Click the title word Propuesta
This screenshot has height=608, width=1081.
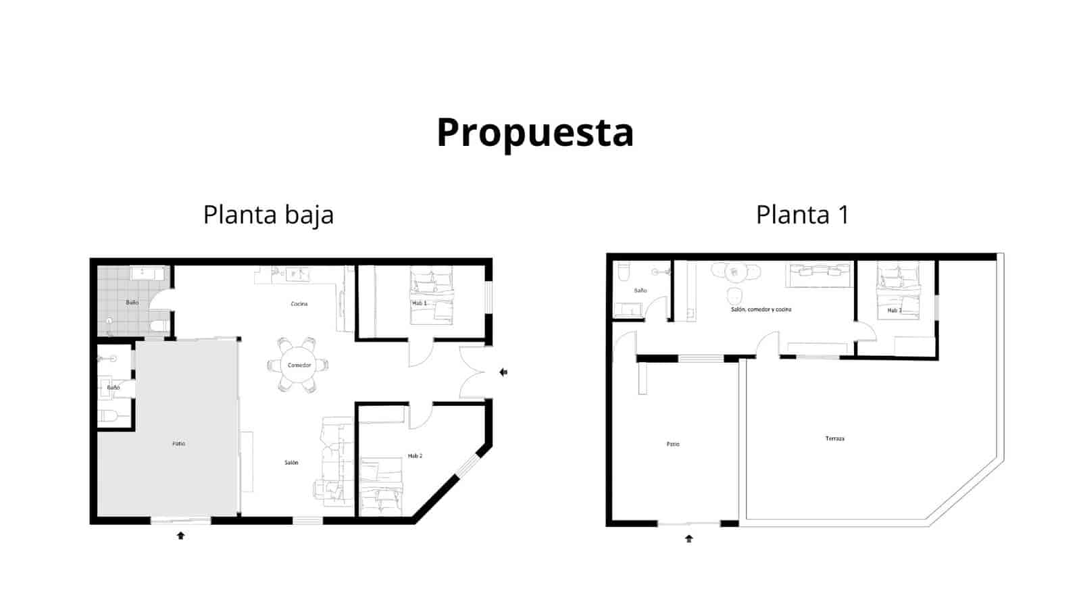coord(534,132)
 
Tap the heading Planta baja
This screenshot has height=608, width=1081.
coord(268,215)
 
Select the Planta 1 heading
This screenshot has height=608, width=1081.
coord(802,215)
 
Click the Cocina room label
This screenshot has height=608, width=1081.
coord(299,304)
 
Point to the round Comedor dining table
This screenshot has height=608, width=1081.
coord(299,365)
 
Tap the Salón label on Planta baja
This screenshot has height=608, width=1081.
coord(291,463)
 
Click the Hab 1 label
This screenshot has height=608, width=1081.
coord(420,303)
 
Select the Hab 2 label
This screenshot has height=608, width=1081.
coord(415,456)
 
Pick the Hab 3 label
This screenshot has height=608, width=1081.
coord(894,311)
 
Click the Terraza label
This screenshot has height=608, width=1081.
coord(834,438)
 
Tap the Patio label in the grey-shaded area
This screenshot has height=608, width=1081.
coord(178,444)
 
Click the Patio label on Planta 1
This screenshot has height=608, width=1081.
coord(673,444)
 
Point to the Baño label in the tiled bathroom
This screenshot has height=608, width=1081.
coord(132,303)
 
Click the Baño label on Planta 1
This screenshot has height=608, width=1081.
coord(640,290)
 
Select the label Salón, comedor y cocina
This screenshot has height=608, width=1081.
coord(761,309)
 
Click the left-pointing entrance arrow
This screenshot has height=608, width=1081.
coord(503,372)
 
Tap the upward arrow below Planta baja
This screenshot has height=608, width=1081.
coord(180,536)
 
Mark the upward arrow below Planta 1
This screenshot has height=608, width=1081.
coord(689,538)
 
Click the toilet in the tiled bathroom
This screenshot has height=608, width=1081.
coord(159,326)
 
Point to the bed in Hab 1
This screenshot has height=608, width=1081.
coord(432,295)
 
